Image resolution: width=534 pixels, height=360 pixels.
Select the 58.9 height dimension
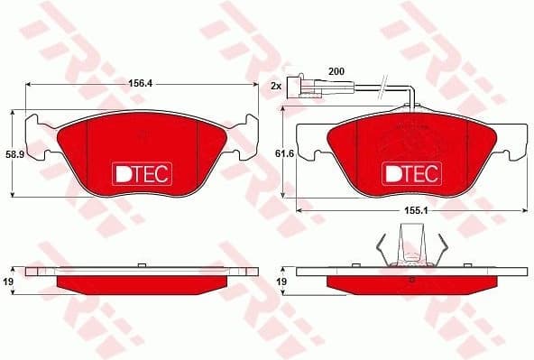click(13, 154)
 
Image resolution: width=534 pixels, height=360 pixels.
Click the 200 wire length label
click(336, 70)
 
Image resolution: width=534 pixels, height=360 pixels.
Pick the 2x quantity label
click(276, 85)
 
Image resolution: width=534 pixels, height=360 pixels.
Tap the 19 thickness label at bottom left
click(9, 282)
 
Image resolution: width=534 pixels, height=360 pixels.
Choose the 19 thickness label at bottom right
click(281, 282)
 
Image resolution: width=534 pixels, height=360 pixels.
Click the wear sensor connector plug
click(307, 88)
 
